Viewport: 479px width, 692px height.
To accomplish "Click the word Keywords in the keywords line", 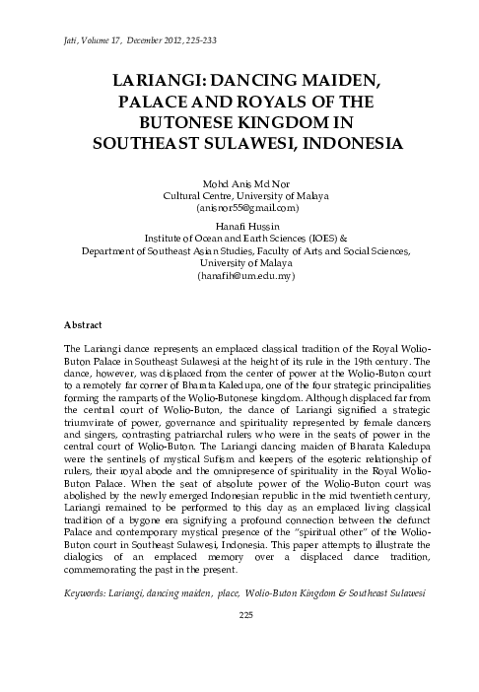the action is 88,594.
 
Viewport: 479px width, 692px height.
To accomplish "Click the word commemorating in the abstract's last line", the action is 104,569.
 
